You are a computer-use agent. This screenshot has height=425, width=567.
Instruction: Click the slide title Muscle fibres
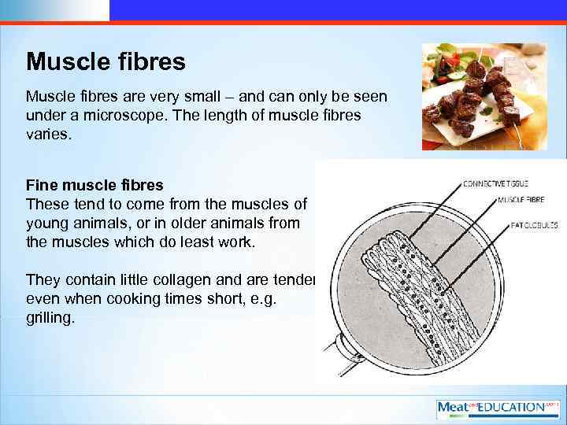(x=106, y=61)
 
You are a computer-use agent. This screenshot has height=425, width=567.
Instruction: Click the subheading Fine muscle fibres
(x=94, y=186)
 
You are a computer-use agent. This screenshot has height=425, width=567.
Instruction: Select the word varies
(x=48, y=135)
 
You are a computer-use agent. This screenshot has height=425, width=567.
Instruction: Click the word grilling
(x=51, y=320)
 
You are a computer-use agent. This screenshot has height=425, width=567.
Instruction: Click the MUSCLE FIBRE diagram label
(x=521, y=199)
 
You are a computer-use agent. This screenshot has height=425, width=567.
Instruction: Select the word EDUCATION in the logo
(x=510, y=408)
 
